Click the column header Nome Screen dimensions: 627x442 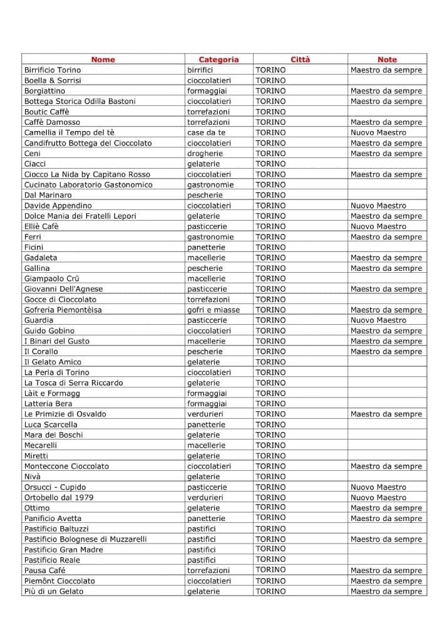(103, 60)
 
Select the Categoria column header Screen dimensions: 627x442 (218, 60)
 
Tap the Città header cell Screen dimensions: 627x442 (300, 60)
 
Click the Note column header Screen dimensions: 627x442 (387, 60)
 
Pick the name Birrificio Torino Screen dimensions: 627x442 (53, 70)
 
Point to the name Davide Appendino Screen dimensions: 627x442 (58, 206)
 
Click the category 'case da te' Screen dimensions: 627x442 (206, 132)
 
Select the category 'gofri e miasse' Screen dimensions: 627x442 (213, 310)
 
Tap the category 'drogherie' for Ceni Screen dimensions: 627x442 (205, 154)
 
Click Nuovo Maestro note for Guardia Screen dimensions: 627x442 (378, 320)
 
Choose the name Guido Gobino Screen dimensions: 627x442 (49, 330)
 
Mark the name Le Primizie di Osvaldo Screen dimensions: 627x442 (65, 414)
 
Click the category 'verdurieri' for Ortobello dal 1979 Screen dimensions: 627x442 (205, 497)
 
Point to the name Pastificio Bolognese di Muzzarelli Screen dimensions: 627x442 (86, 539)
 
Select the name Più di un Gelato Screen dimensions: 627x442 (53, 591)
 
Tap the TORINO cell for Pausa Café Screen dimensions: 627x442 (270, 570)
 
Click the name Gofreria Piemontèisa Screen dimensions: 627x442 (63, 310)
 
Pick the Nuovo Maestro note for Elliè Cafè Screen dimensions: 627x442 (378, 226)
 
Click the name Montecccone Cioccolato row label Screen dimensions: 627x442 (66, 466)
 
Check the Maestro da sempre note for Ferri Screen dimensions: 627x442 (386, 237)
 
